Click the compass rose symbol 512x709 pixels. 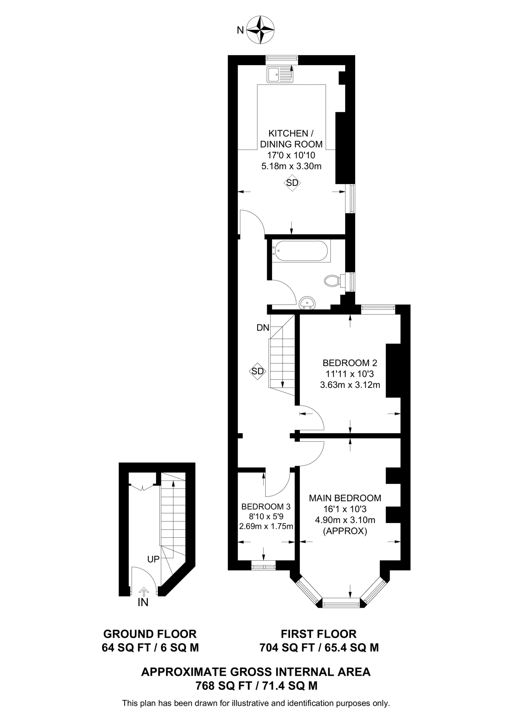point(260,30)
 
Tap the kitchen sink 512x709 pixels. point(280,74)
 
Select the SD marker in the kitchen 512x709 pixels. point(292,182)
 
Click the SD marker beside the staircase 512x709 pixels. point(258,371)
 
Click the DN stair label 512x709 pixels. point(263,327)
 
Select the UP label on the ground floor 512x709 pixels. point(153,559)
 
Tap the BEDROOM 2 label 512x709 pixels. point(350,363)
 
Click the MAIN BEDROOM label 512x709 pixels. point(345,498)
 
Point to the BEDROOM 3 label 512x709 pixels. point(266,506)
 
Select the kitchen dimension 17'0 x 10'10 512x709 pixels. point(291,155)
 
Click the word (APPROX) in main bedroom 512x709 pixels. point(345,531)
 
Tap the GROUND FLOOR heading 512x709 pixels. point(150,634)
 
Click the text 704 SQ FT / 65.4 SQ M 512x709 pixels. point(319,647)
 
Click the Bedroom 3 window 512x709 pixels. point(263,567)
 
